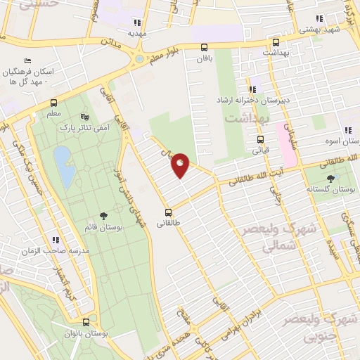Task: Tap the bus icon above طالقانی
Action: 168,212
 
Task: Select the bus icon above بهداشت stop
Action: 275,42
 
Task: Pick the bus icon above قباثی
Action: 260,139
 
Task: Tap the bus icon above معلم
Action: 53,102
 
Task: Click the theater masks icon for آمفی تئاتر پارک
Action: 85,117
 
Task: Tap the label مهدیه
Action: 136,33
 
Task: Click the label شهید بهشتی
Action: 320,30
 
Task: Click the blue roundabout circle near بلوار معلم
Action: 139,59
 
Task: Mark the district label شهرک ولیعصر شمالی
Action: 271,238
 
